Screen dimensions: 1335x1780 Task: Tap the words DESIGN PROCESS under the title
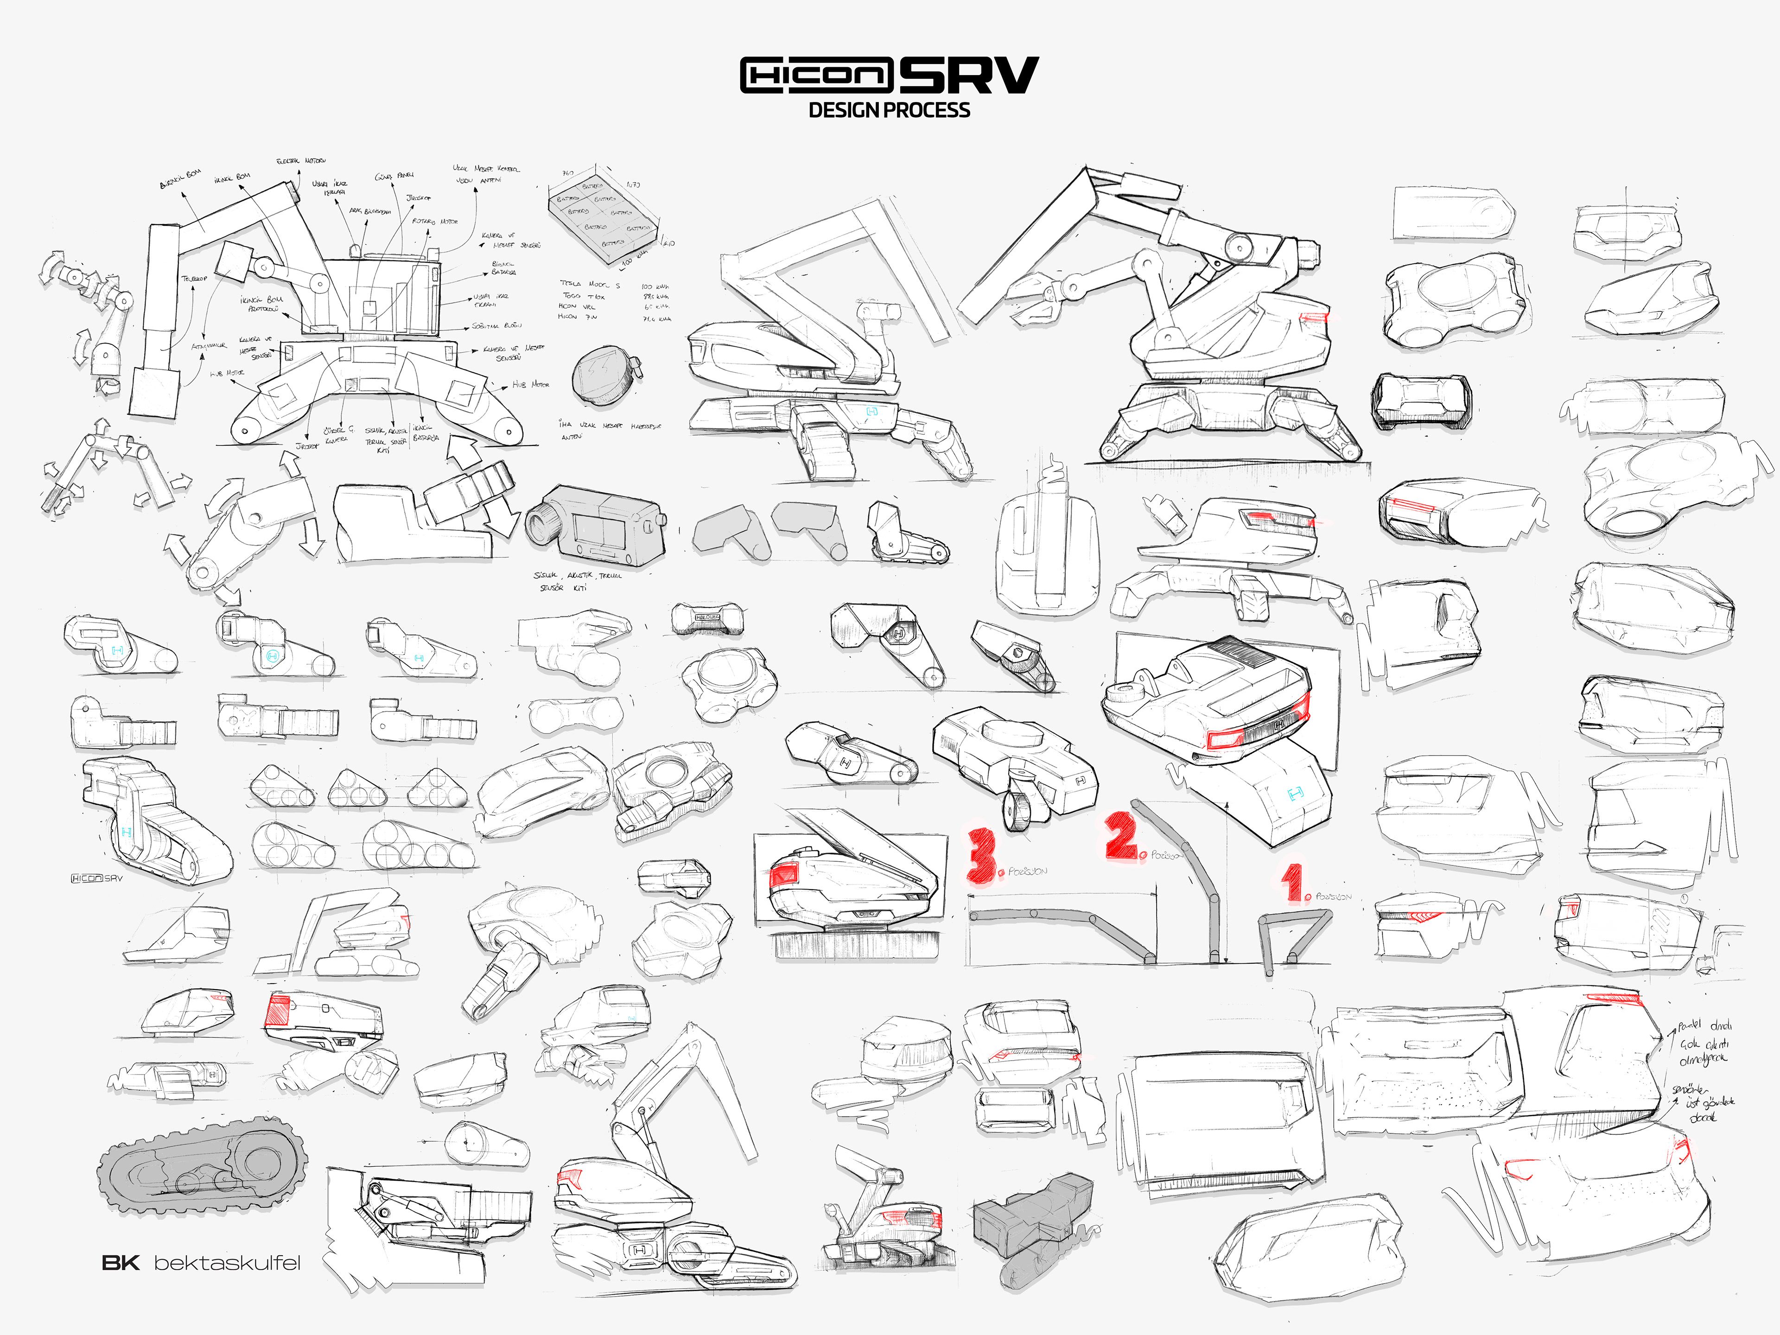(889, 110)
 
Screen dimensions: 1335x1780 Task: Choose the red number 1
(1292, 883)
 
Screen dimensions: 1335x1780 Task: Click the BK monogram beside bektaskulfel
(121, 1263)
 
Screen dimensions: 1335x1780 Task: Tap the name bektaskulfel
(227, 1263)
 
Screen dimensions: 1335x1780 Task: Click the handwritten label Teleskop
(194, 279)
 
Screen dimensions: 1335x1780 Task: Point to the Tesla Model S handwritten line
(590, 284)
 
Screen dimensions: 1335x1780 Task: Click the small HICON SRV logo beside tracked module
(96, 878)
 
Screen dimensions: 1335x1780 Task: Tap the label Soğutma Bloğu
(496, 326)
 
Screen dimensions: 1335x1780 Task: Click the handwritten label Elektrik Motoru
(301, 162)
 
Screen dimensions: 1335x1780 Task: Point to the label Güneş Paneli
(394, 175)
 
